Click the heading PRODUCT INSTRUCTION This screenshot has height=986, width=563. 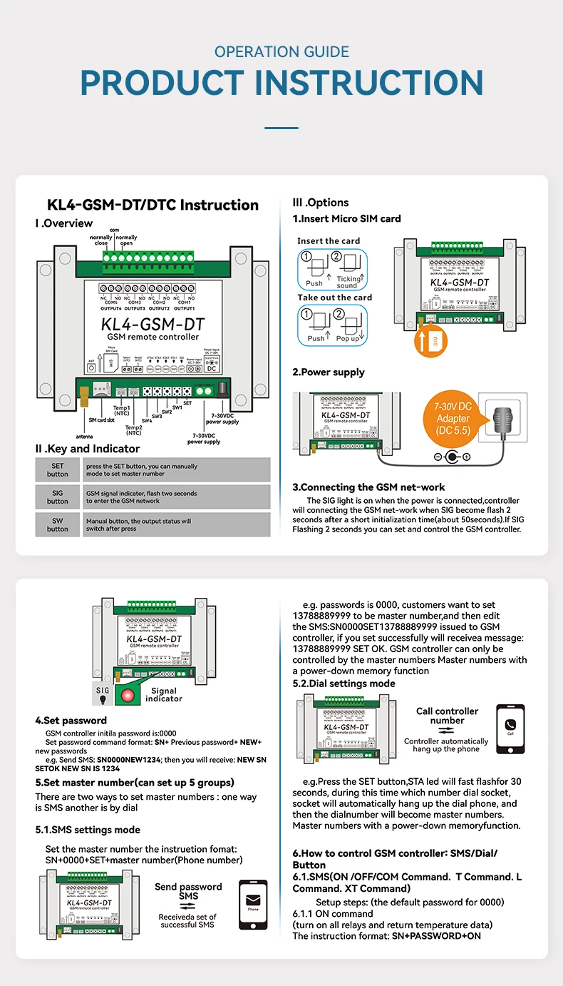click(x=281, y=83)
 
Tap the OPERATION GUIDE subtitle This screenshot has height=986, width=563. click(x=281, y=52)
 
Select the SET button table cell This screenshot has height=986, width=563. click(x=58, y=469)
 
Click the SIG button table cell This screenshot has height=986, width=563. click(x=58, y=497)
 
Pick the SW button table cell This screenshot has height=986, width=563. click(x=58, y=524)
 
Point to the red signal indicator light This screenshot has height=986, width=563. click(x=128, y=695)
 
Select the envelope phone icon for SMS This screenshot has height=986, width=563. click(x=253, y=904)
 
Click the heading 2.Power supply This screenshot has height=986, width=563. click(x=328, y=372)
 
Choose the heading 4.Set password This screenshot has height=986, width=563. click(x=71, y=721)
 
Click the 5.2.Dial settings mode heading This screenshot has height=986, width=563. click(x=344, y=683)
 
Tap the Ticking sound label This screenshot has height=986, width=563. click(x=348, y=282)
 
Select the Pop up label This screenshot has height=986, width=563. click(x=348, y=338)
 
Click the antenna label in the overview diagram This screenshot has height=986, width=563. click(x=84, y=436)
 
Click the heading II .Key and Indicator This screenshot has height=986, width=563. click(x=88, y=449)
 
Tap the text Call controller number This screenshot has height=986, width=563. click(x=447, y=716)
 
